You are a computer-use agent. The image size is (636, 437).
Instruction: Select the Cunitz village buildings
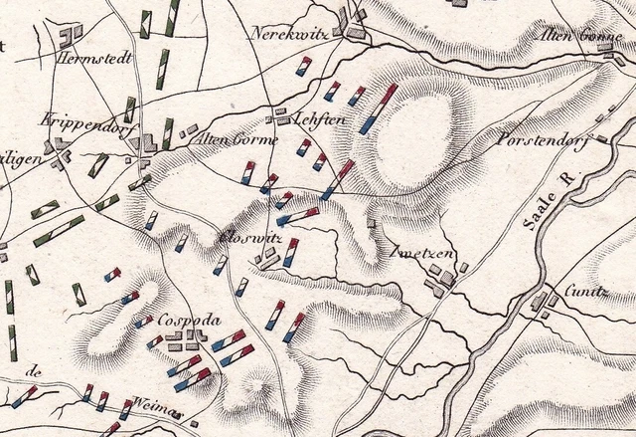tap(543, 301)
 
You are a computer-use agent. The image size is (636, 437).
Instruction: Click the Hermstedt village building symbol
tap(70, 36)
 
